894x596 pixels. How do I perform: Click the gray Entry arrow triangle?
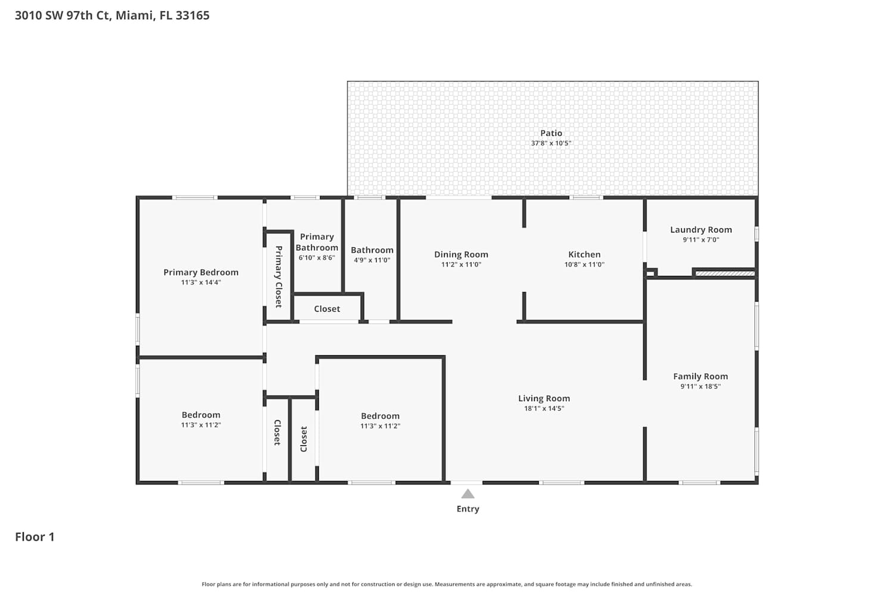coord(468,494)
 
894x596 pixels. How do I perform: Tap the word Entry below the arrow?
coord(468,509)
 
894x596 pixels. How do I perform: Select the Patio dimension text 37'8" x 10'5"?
coord(551,143)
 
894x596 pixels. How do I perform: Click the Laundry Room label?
coord(701,229)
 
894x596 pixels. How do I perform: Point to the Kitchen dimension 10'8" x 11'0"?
coord(584,264)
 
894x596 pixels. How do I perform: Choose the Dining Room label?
coord(461,254)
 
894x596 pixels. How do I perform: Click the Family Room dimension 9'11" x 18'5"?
coord(700,386)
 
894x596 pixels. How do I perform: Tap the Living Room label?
coord(544,398)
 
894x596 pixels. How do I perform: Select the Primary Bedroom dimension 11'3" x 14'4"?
coord(201,283)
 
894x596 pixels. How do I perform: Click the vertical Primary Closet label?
coord(278,277)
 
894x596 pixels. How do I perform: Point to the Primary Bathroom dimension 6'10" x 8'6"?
coord(317,257)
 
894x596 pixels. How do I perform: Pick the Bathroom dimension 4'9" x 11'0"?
coord(372,260)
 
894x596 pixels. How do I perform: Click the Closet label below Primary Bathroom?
coord(327,309)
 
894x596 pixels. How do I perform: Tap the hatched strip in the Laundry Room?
coord(725,274)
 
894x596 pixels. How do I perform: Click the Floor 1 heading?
coord(35,537)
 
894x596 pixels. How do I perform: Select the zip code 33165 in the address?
coord(193,15)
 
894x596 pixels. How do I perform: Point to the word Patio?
coord(551,133)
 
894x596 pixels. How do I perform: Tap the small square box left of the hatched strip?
coord(651,273)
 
